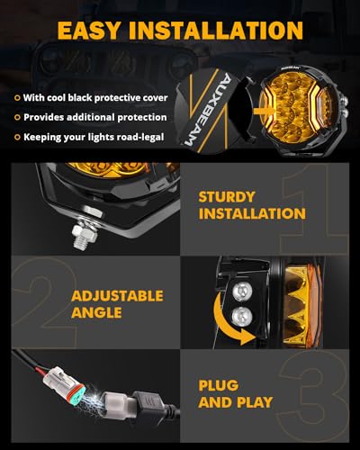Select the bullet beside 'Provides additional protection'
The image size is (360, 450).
17,117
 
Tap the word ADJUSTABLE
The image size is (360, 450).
117,295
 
